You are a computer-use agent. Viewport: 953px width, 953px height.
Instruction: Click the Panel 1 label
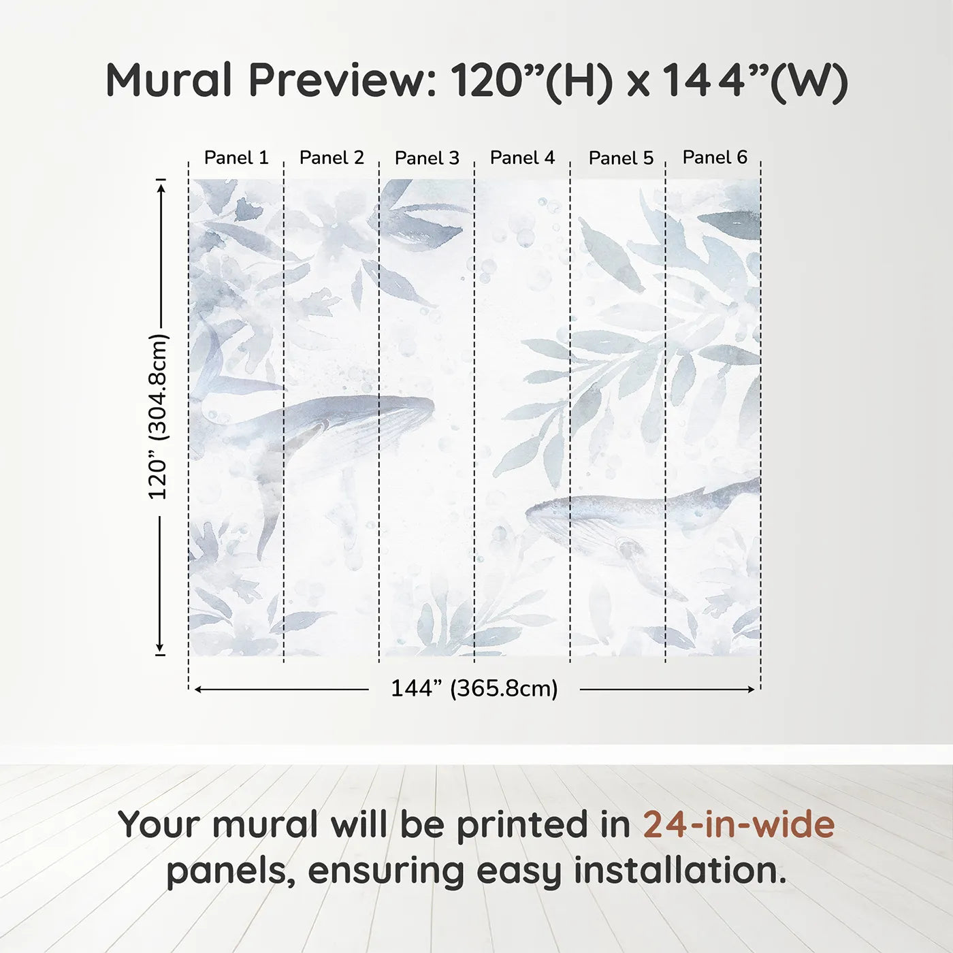(x=236, y=158)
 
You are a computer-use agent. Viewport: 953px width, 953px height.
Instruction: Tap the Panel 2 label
(x=332, y=158)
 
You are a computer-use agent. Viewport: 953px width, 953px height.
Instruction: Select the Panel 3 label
(x=427, y=159)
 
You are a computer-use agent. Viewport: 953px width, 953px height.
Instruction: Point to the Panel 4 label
(x=522, y=158)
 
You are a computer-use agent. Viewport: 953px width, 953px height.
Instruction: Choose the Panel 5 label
(x=621, y=159)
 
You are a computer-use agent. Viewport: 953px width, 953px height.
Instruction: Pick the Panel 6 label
(x=715, y=157)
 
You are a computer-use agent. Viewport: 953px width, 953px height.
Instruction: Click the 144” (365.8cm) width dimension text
(x=474, y=689)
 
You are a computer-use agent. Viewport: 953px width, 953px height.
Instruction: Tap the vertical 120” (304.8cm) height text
(x=158, y=417)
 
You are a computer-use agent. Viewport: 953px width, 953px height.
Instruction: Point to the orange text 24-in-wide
(x=739, y=824)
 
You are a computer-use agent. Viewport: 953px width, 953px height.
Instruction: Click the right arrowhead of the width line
(x=752, y=690)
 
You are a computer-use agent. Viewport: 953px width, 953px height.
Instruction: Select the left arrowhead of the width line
(x=198, y=690)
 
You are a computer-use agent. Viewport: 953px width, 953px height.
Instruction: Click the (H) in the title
(x=579, y=82)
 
